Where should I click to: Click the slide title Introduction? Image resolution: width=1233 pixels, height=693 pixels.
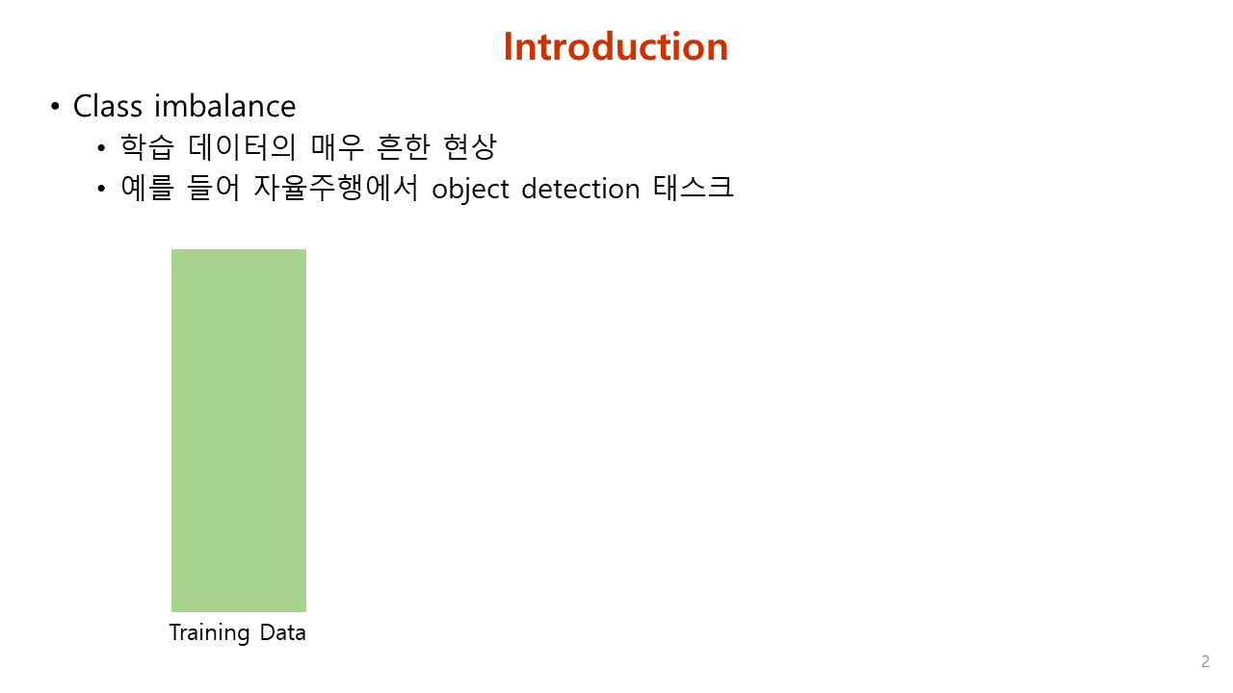(616, 46)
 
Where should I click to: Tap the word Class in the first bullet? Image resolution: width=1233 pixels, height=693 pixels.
(108, 106)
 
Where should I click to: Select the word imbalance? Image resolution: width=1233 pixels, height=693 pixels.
(224, 106)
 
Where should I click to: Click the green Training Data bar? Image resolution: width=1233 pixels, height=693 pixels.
(239, 430)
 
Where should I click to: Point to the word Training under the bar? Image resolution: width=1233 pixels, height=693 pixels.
(209, 633)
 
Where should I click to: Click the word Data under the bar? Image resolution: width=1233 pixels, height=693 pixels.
(283, 632)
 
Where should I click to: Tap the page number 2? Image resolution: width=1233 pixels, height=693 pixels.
(1205, 661)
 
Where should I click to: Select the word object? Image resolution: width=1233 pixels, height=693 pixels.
(471, 190)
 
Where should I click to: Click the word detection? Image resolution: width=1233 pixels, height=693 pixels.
(581, 189)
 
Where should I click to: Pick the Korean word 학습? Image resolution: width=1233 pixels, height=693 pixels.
(147, 147)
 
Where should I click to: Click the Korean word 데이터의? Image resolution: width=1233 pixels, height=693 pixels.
(242, 147)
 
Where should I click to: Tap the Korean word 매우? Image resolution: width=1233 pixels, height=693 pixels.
(337, 147)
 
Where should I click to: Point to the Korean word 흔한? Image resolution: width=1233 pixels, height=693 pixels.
(403, 147)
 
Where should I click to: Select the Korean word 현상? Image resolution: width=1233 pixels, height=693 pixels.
(469, 147)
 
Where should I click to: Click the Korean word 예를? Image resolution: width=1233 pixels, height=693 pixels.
(147, 188)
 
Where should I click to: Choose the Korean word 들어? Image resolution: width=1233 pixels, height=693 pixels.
(214, 188)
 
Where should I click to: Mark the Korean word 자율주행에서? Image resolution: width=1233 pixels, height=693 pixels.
(336, 188)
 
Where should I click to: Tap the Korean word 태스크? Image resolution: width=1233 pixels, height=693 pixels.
(693, 188)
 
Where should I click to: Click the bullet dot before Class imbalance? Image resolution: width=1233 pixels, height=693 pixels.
(55, 106)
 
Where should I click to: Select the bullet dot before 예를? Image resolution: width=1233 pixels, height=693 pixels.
(101, 190)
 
